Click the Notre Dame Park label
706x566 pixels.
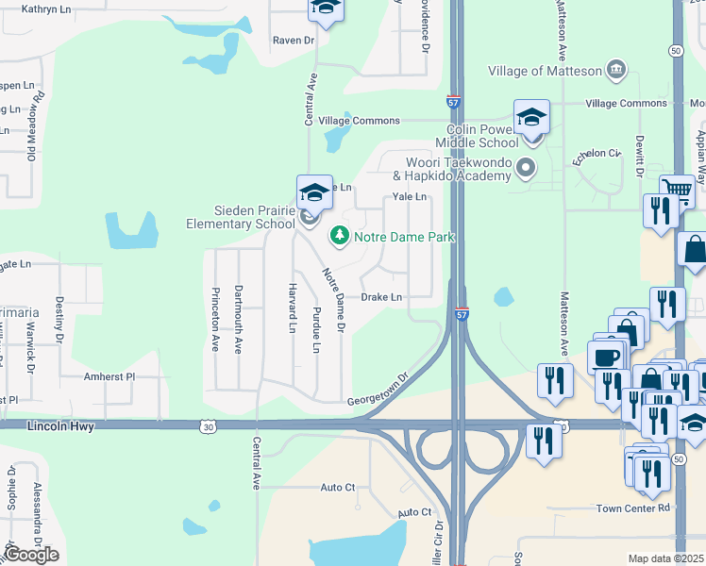click(x=404, y=237)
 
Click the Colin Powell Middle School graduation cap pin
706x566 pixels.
click(x=531, y=118)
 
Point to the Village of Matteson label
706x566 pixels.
click(x=545, y=71)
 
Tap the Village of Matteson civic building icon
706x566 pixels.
click(x=615, y=70)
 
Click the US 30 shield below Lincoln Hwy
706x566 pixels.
click(x=207, y=427)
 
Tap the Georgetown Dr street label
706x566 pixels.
click(x=379, y=389)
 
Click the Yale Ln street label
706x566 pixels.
click(x=410, y=197)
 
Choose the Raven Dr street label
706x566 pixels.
click(x=293, y=41)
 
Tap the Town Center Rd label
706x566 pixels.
click(x=632, y=508)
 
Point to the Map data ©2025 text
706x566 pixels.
click(x=665, y=558)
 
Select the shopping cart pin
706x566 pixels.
click(x=677, y=191)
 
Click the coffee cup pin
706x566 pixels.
click(x=605, y=357)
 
